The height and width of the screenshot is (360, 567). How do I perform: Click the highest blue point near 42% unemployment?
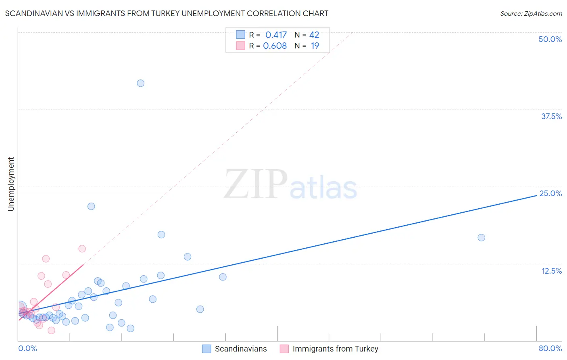coord(141,83)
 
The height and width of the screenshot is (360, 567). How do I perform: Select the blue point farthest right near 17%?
coord(481,238)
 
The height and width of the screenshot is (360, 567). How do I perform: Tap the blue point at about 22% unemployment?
coord(91,206)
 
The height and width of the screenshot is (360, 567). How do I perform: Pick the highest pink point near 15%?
coord(82,249)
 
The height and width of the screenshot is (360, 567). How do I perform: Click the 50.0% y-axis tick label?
coord(550,39)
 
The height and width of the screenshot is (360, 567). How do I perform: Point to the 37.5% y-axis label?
coord(551,116)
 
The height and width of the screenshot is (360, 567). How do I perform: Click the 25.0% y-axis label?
coord(550,193)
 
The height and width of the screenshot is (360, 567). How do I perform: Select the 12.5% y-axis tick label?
coord(551,271)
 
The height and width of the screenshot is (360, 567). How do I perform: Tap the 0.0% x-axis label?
coord(27,348)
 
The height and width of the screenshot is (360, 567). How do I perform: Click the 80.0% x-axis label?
coord(550,348)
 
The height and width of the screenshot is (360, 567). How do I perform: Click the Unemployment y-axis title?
coord(11,184)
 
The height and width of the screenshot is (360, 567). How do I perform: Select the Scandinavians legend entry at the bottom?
coord(241,349)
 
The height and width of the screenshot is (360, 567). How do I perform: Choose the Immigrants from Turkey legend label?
coord(335,349)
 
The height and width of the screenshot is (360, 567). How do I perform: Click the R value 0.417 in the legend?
coord(276,35)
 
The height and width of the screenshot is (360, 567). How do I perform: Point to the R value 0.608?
coord(275,46)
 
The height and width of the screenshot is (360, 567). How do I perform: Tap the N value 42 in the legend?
coord(314,35)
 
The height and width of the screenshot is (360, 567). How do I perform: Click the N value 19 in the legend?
coord(315,46)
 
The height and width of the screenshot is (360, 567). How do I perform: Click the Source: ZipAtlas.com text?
coord(531,14)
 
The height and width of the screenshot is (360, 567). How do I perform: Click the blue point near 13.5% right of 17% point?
coord(188,257)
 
